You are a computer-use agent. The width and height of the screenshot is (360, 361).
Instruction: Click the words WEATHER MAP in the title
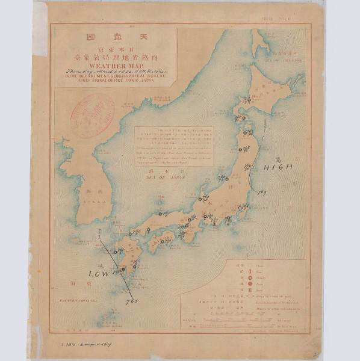pyautogui.click(x=114, y=67)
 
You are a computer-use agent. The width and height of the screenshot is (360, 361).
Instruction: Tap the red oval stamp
pyautogui.click(x=93, y=114)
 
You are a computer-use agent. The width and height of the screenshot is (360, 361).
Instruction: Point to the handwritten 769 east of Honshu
pyautogui.click(x=262, y=193)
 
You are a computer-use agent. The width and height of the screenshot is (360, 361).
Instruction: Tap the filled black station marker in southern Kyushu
pyautogui.click(x=123, y=269)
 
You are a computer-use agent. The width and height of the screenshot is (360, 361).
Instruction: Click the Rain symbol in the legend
pyautogui.click(x=249, y=286)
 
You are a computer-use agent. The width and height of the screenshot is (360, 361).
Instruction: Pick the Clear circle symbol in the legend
pyautogui.click(x=249, y=265)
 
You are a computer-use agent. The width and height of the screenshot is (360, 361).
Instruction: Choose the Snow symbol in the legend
pyautogui.click(x=249, y=294)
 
